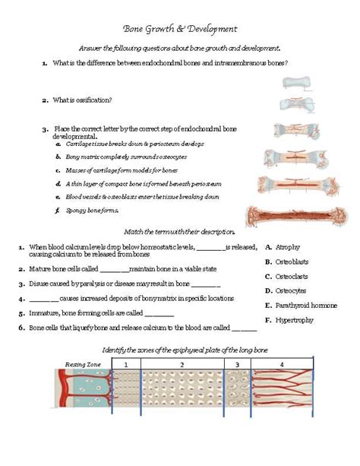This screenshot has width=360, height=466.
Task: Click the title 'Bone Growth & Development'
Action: [x=180, y=29]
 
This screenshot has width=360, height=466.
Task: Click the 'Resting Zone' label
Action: [x=83, y=364]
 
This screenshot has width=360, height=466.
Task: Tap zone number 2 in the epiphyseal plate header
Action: [x=182, y=365]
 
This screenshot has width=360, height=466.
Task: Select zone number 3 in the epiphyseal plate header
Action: [x=237, y=365]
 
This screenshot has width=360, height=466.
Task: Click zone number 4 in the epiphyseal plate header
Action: [x=281, y=365]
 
